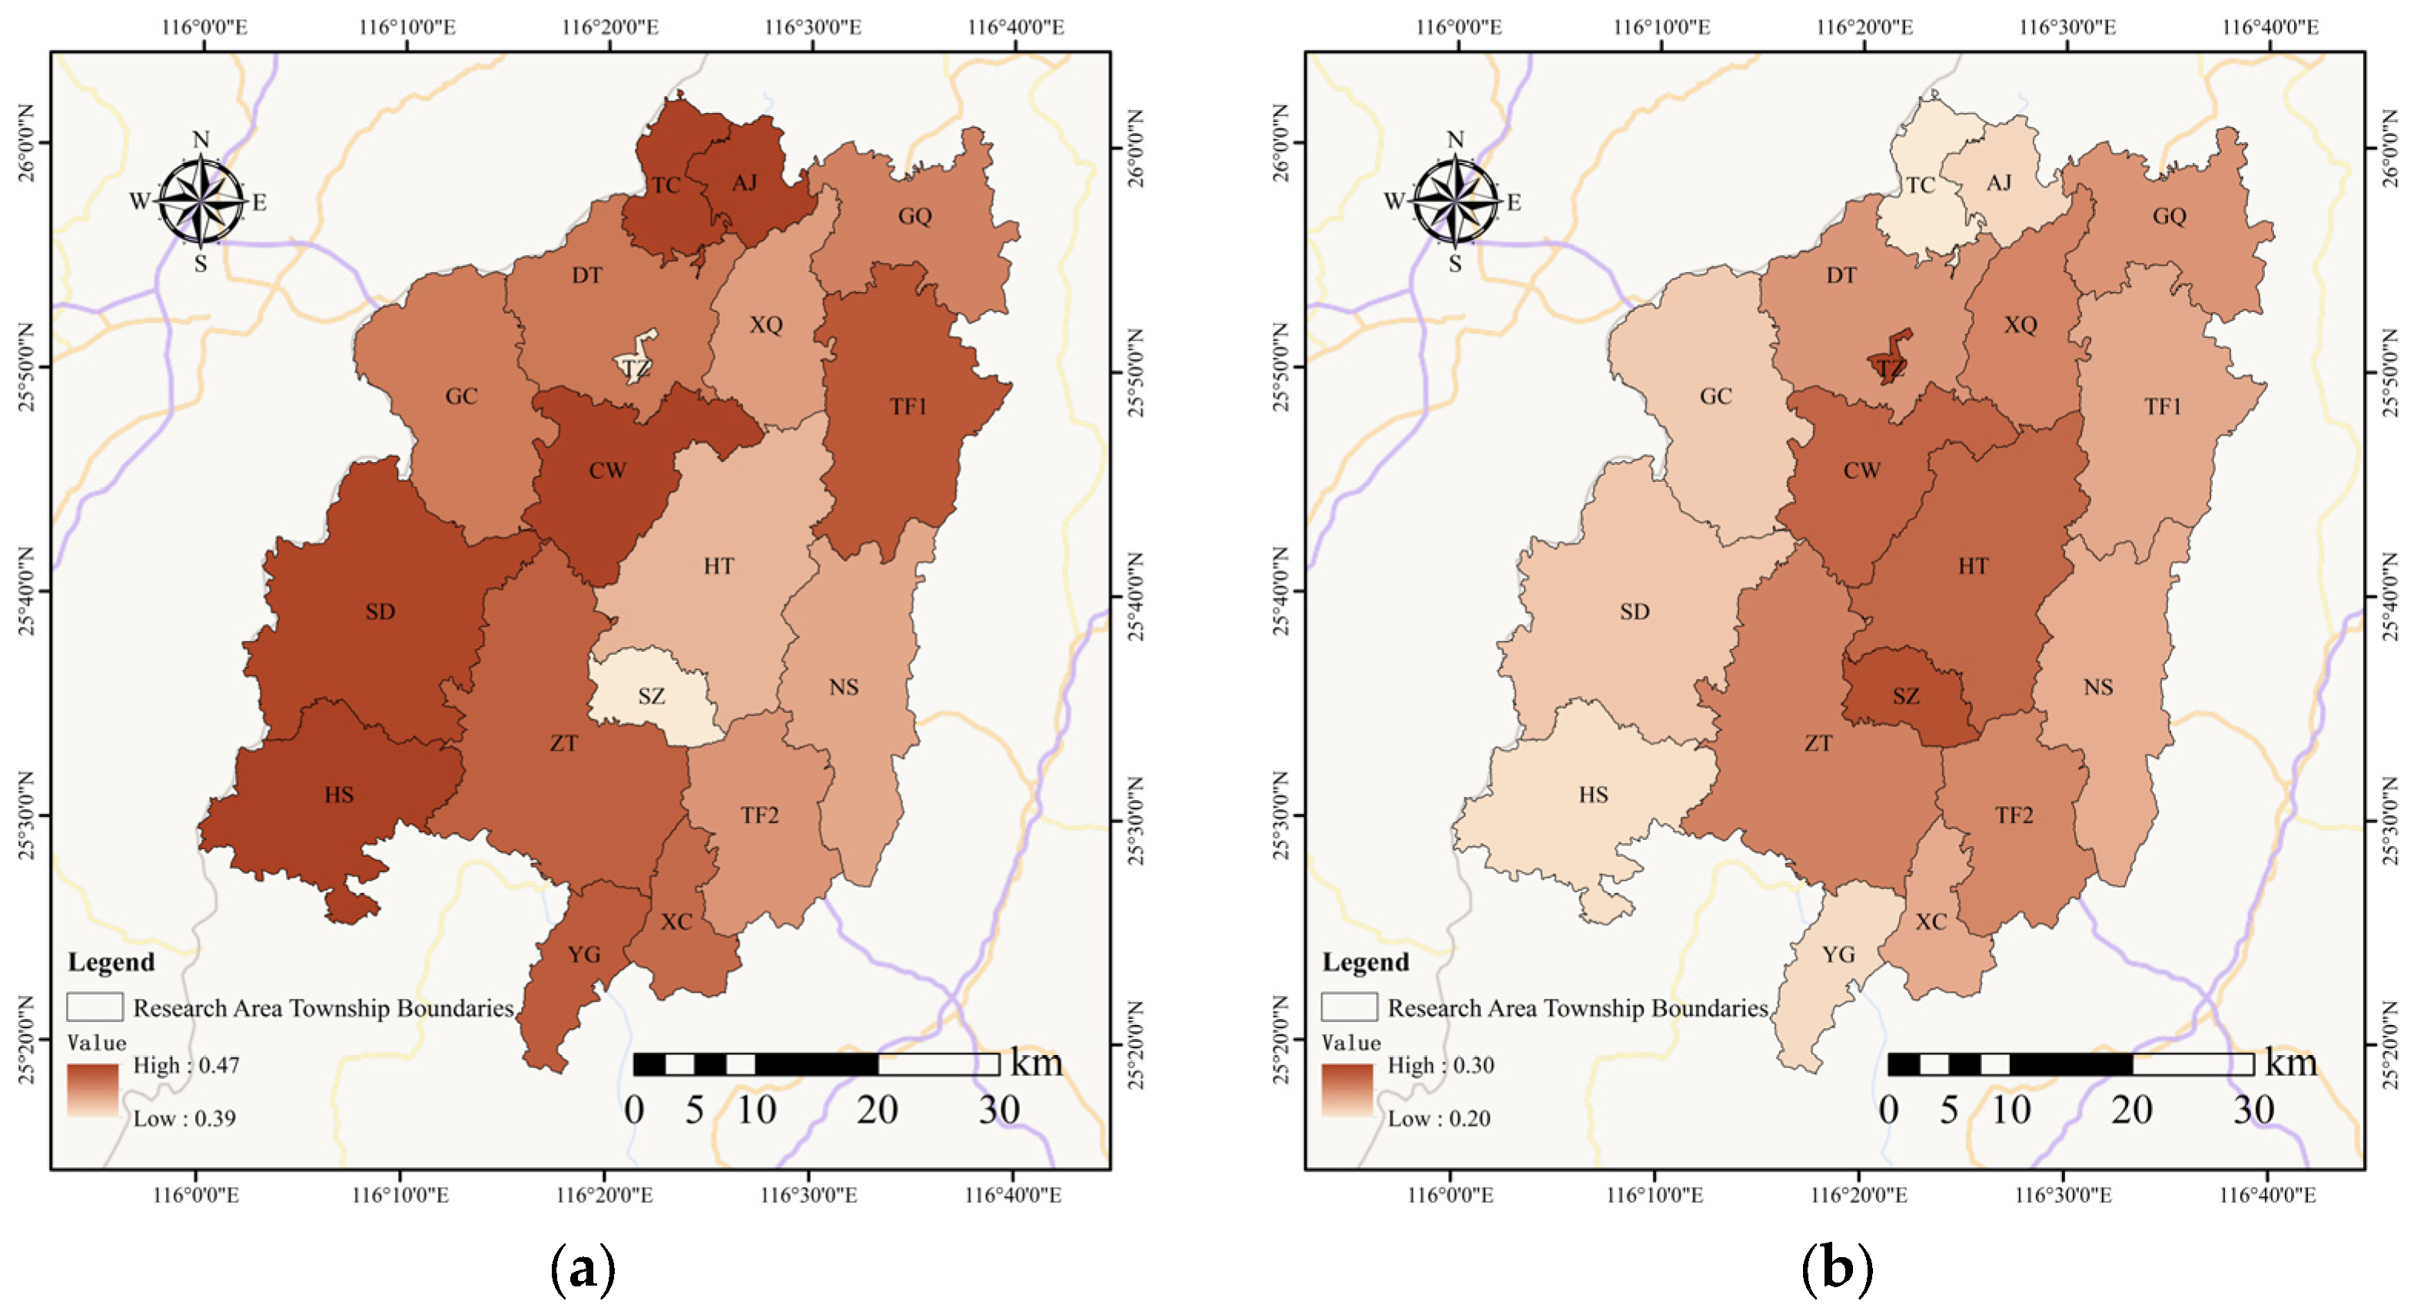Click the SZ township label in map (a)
pos(651,696)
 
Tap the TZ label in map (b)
pos(1891,369)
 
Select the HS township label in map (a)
pos(339,795)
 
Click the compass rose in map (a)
pos(201,201)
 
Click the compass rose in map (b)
pos(1455,201)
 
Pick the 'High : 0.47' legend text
pos(186,1065)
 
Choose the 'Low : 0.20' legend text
pos(1439,1118)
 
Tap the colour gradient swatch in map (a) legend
pos(92,1090)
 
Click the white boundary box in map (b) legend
pos(1349,1007)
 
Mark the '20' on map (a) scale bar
pos(877,1110)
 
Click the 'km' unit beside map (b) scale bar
pos(2291,1063)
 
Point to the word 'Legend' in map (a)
pos(111,962)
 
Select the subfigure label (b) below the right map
pos(1836,1270)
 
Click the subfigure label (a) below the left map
pos(583,1270)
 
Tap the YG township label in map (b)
pos(1838,955)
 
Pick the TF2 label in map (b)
pos(2014,816)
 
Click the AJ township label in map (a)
pos(744,183)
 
